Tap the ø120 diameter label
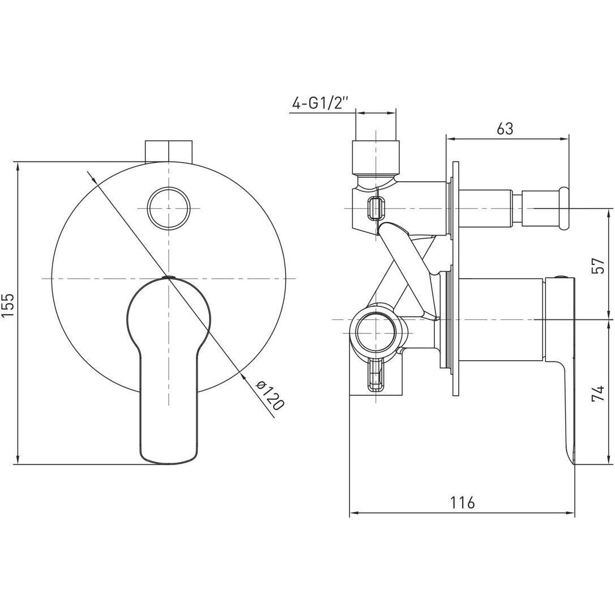coord(270,395)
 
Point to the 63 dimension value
coord(505,128)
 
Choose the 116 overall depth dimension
coord(462,502)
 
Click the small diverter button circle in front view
coord(169,208)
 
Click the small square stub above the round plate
coord(169,151)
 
